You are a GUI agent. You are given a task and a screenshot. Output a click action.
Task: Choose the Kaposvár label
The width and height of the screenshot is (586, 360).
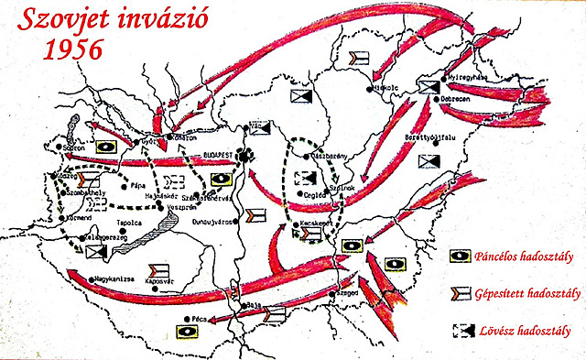(161, 280)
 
